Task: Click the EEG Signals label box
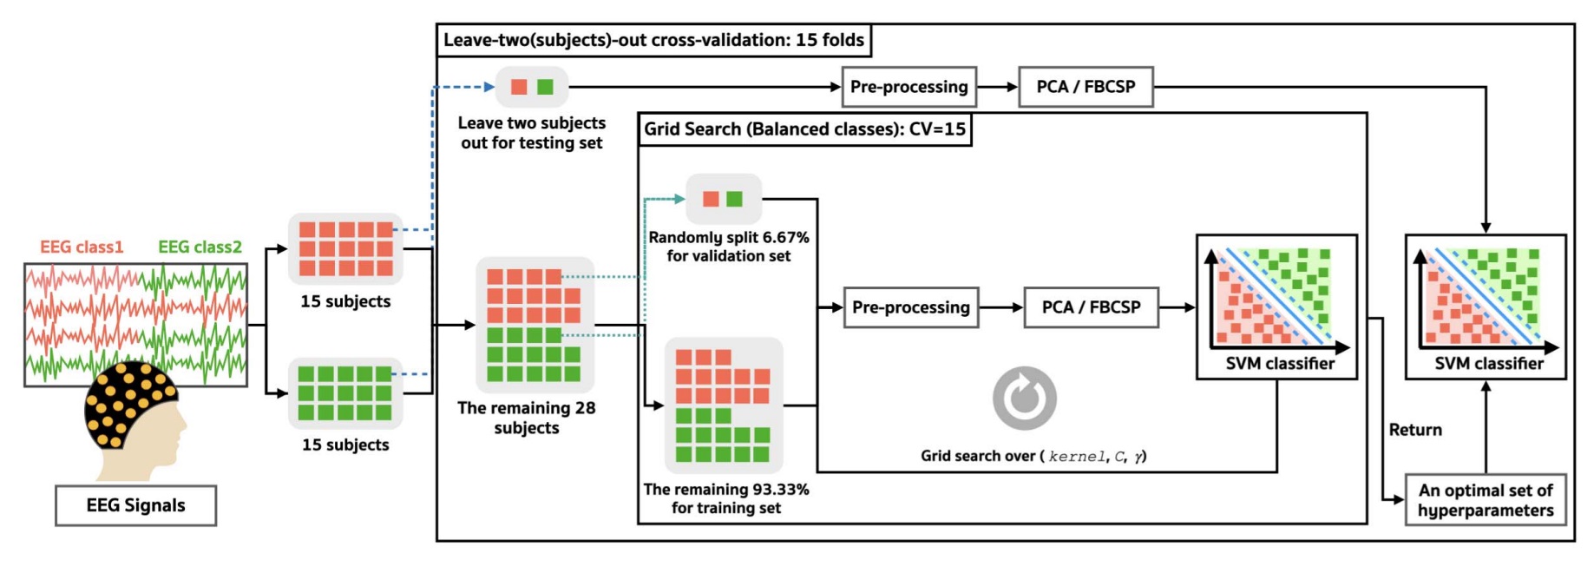pyautogui.click(x=135, y=505)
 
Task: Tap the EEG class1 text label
pyautogui.click(x=82, y=247)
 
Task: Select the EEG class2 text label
pyautogui.click(x=200, y=247)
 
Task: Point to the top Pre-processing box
pyautogui.click(x=909, y=87)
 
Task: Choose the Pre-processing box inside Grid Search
pyautogui.click(x=910, y=307)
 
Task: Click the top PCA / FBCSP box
pyautogui.click(x=1086, y=87)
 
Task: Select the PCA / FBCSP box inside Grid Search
pyautogui.click(x=1091, y=307)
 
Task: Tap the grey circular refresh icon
pyautogui.click(x=1025, y=399)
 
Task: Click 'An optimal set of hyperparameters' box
pyautogui.click(x=1486, y=500)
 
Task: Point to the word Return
pyautogui.click(x=1415, y=430)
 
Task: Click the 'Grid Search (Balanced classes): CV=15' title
pyautogui.click(x=804, y=129)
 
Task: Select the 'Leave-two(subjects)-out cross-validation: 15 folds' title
pyautogui.click(x=653, y=40)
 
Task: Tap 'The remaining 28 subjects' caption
pyautogui.click(x=527, y=418)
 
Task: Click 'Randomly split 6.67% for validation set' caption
pyautogui.click(x=729, y=247)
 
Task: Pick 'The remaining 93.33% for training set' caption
pyautogui.click(x=726, y=498)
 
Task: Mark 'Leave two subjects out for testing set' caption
pyautogui.click(x=532, y=133)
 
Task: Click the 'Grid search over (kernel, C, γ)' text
pyautogui.click(x=1033, y=456)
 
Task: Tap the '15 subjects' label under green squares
pyautogui.click(x=345, y=445)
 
